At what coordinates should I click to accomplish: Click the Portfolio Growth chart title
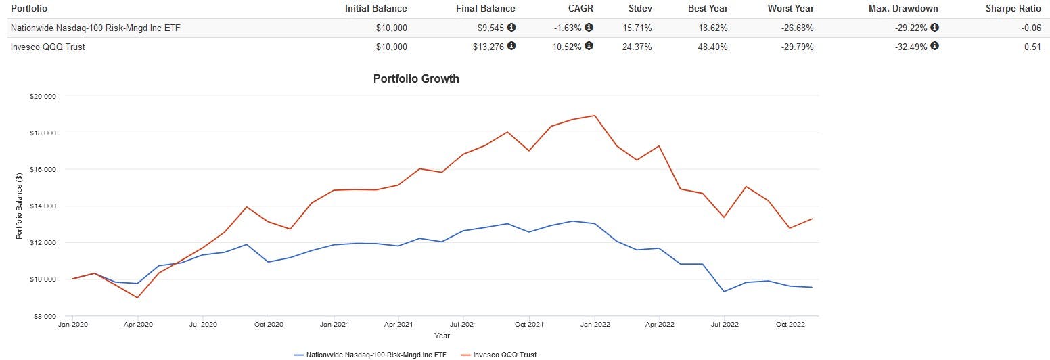pos(416,78)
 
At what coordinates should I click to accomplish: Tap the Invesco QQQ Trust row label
pos(47,47)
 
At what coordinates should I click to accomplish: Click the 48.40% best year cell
pos(712,47)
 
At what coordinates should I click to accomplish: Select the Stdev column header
pos(640,9)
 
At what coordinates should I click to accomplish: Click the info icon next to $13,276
pos(511,47)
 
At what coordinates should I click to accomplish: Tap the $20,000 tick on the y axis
pos(43,97)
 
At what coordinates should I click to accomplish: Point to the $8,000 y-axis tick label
pos(45,316)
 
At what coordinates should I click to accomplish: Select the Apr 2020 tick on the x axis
pos(138,325)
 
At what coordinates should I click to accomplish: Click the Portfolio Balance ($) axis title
pos(20,206)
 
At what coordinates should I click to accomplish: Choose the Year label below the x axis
pos(442,336)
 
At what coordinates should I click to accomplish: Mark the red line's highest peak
pos(595,115)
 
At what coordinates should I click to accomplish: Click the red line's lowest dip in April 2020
pos(137,298)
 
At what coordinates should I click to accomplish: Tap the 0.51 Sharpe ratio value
pos(1032,47)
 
